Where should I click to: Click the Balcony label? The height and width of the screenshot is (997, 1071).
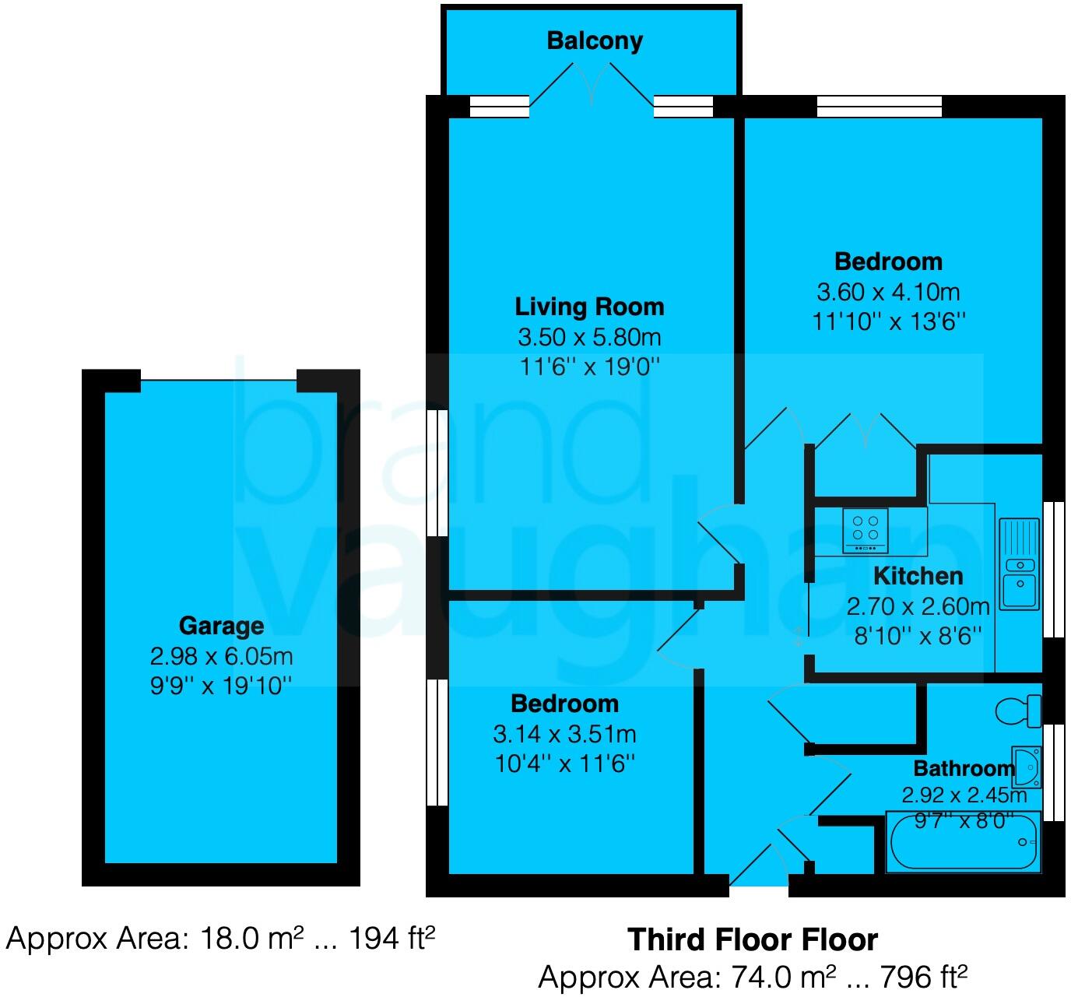[595, 40]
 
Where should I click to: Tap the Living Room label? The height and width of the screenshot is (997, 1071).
[589, 307]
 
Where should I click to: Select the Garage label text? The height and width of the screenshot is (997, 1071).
[221, 626]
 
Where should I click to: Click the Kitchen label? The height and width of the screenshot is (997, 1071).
[918, 576]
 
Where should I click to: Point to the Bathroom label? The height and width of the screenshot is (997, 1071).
[964, 769]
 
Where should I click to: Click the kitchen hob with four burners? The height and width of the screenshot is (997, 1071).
[865, 530]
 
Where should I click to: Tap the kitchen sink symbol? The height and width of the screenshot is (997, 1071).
[1020, 563]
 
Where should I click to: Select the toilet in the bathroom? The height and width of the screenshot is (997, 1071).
[1019, 711]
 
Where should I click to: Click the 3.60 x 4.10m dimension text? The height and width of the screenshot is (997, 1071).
[888, 292]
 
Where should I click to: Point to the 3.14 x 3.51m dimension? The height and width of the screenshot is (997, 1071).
[564, 734]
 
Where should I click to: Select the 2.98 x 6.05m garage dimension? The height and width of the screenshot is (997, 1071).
[221, 656]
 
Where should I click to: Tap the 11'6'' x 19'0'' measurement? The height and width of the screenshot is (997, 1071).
[589, 367]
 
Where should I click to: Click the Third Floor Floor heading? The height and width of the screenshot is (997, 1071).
[753, 939]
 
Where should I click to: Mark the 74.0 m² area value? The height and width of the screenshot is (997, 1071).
[778, 976]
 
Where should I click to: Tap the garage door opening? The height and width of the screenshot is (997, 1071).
[219, 381]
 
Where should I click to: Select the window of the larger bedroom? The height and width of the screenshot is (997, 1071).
[879, 107]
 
